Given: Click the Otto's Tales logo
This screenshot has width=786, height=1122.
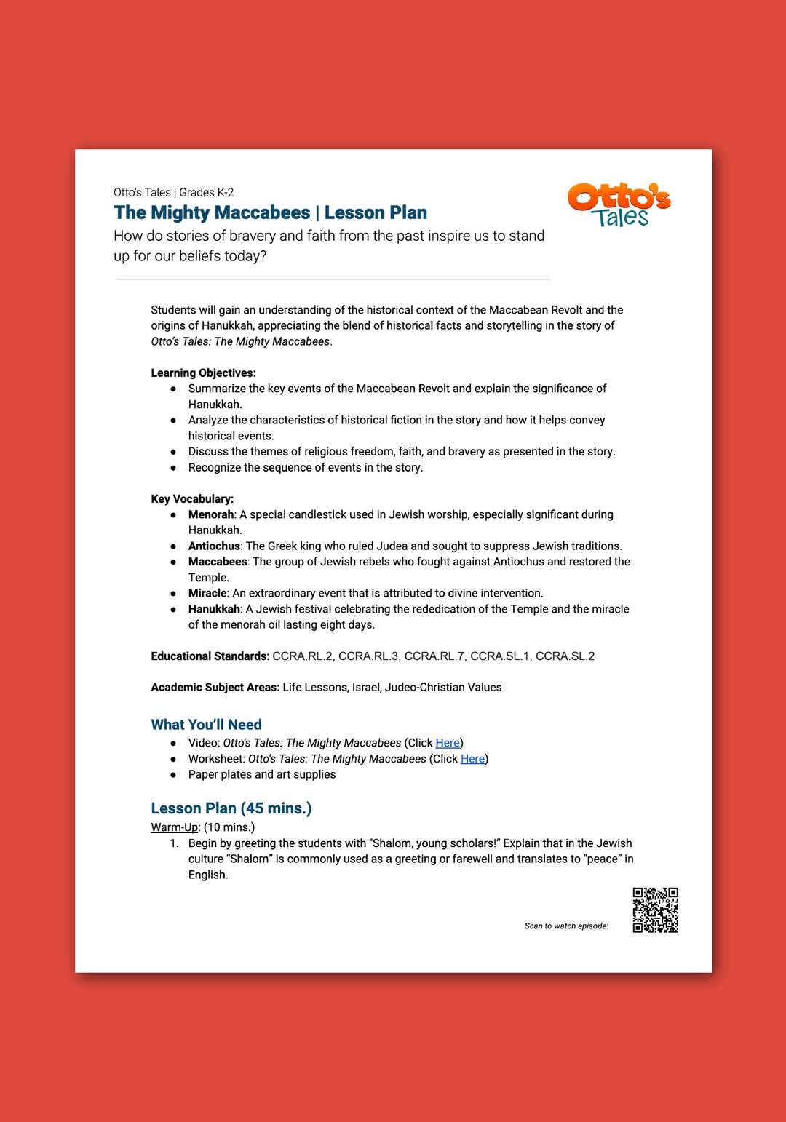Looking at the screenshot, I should [619, 205].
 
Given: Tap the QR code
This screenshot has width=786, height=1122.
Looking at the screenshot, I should [655, 910].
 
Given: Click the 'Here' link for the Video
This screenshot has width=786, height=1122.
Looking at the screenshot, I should [448, 743].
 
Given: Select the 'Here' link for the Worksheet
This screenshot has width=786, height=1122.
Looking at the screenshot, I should [472, 759].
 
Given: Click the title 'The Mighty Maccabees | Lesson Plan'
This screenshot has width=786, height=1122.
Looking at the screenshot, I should [270, 212].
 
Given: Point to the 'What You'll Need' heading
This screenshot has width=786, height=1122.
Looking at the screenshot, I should [206, 725].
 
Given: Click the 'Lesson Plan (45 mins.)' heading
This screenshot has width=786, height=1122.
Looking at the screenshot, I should [231, 808].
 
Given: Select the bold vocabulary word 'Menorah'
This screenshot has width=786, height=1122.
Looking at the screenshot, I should [211, 514].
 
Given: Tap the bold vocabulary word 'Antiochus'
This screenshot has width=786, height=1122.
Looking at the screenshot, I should [214, 546].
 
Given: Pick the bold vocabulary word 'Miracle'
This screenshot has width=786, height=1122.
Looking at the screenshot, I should [207, 593].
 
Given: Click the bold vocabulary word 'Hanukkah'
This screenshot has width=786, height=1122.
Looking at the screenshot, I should [214, 609].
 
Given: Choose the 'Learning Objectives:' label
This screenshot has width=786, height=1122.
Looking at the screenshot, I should [203, 373].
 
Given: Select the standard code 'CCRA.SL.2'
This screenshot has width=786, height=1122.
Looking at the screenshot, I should [565, 656].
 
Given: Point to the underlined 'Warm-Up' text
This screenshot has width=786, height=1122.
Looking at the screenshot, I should [174, 827].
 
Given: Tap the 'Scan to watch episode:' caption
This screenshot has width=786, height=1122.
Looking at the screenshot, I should [566, 926].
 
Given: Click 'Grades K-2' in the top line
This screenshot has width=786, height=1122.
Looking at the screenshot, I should [207, 193].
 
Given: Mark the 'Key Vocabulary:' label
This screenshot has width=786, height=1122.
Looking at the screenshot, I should [192, 498].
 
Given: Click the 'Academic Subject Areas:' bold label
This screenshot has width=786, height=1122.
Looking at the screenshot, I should [215, 688].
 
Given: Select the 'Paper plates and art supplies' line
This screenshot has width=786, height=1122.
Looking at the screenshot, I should [262, 775].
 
